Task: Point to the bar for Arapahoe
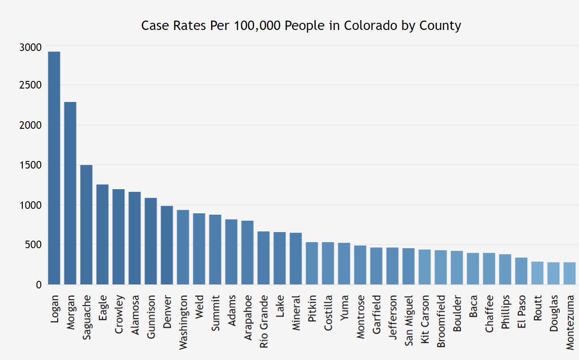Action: (x=247, y=253)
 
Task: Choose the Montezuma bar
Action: (x=569, y=273)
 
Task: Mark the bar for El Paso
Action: (x=521, y=271)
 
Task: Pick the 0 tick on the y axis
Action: (x=38, y=284)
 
